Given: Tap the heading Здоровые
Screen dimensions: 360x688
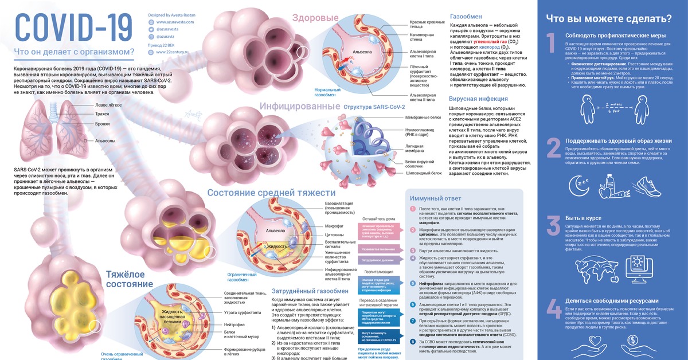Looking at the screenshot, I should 315,18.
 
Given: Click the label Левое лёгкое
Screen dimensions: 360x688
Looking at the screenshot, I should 108,105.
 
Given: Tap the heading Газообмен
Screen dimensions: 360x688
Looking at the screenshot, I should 464,17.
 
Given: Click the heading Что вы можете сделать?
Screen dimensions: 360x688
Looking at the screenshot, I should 601,18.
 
